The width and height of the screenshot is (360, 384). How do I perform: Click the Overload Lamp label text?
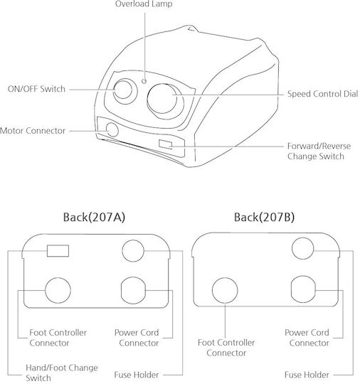click(x=144, y=4)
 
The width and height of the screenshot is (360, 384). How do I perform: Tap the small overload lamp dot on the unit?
click(x=144, y=81)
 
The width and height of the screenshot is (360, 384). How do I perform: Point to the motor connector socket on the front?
click(x=112, y=129)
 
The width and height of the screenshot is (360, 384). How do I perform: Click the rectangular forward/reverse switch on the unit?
click(x=166, y=144)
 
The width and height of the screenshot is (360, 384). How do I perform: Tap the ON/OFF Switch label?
click(x=36, y=89)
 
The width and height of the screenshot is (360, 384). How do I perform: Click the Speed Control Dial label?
click(x=322, y=94)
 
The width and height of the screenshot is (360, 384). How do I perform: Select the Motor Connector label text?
click(x=33, y=131)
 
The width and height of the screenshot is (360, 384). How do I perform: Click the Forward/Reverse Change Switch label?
click(x=319, y=151)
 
